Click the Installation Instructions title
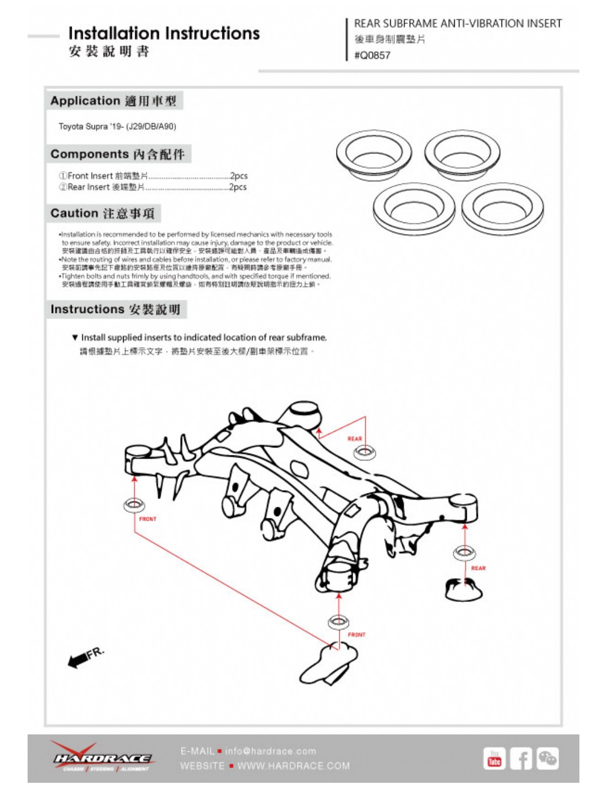pos(164,33)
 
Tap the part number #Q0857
pos(372,55)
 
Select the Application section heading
pos(113,101)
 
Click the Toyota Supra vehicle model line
pos(118,126)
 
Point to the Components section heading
pos(118,154)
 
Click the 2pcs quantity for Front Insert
pos(239,176)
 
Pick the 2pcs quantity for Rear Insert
pos(238,187)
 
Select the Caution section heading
pos(103,214)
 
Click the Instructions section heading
pos(115,309)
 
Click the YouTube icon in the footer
pos(494,759)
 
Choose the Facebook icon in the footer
pos(521,759)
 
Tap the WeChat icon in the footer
pos(547,758)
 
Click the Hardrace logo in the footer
pos(103,758)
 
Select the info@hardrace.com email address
pos(270,751)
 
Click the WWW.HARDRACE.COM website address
pos(294,766)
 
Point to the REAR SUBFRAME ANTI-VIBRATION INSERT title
pos(457,24)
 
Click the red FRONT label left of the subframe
pos(148,519)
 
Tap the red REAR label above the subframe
pos(355,439)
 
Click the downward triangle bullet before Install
pos(75,337)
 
